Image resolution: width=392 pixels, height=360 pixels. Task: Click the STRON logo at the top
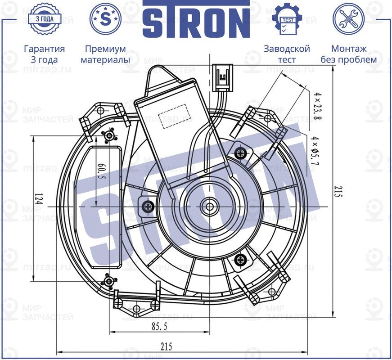coord(196,19)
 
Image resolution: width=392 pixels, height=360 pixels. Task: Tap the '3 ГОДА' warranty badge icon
coord(44,19)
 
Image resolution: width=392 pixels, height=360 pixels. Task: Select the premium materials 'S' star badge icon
coord(105,19)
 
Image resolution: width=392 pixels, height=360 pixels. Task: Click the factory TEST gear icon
coord(287,19)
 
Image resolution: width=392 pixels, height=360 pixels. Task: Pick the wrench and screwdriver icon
coord(348,19)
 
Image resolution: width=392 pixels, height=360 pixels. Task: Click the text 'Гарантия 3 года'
coord(44,54)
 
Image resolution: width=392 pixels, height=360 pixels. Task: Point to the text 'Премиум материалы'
coord(105,54)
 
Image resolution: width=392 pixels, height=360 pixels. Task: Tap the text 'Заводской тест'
coord(287,54)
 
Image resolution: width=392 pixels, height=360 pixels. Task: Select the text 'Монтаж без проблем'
coord(348,54)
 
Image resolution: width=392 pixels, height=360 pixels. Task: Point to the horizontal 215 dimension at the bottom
coord(166,346)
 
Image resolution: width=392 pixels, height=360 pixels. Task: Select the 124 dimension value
coord(38,200)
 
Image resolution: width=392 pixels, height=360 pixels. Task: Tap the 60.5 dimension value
coord(100,171)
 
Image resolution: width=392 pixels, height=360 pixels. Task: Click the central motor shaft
coord(209,206)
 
